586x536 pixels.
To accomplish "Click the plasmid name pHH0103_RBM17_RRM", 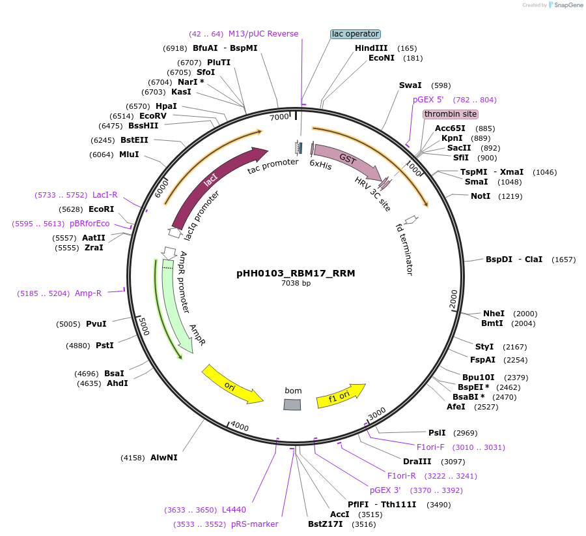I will pyautogui.click(x=296, y=273).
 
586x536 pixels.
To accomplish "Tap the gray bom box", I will pyautogui.click(x=292, y=405).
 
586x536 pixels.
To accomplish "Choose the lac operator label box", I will pyautogui.click(x=355, y=34).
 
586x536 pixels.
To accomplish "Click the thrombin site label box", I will pyautogui.click(x=450, y=114).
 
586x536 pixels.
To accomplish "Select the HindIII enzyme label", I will pyautogui.click(x=371, y=48).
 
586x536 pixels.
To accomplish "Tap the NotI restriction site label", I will pyautogui.click(x=481, y=196).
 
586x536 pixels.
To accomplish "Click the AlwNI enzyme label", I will pyautogui.click(x=163, y=458).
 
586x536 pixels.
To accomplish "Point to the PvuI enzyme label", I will pyautogui.click(x=96, y=324).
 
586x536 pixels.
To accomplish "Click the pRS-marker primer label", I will pyautogui.click(x=255, y=524).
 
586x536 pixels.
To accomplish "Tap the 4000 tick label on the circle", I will pyautogui.click(x=240, y=426).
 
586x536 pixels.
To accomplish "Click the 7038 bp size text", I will pyautogui.click(x=296, y=284).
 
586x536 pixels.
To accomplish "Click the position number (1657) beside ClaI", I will pyautogui.click(x=563, y=260).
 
